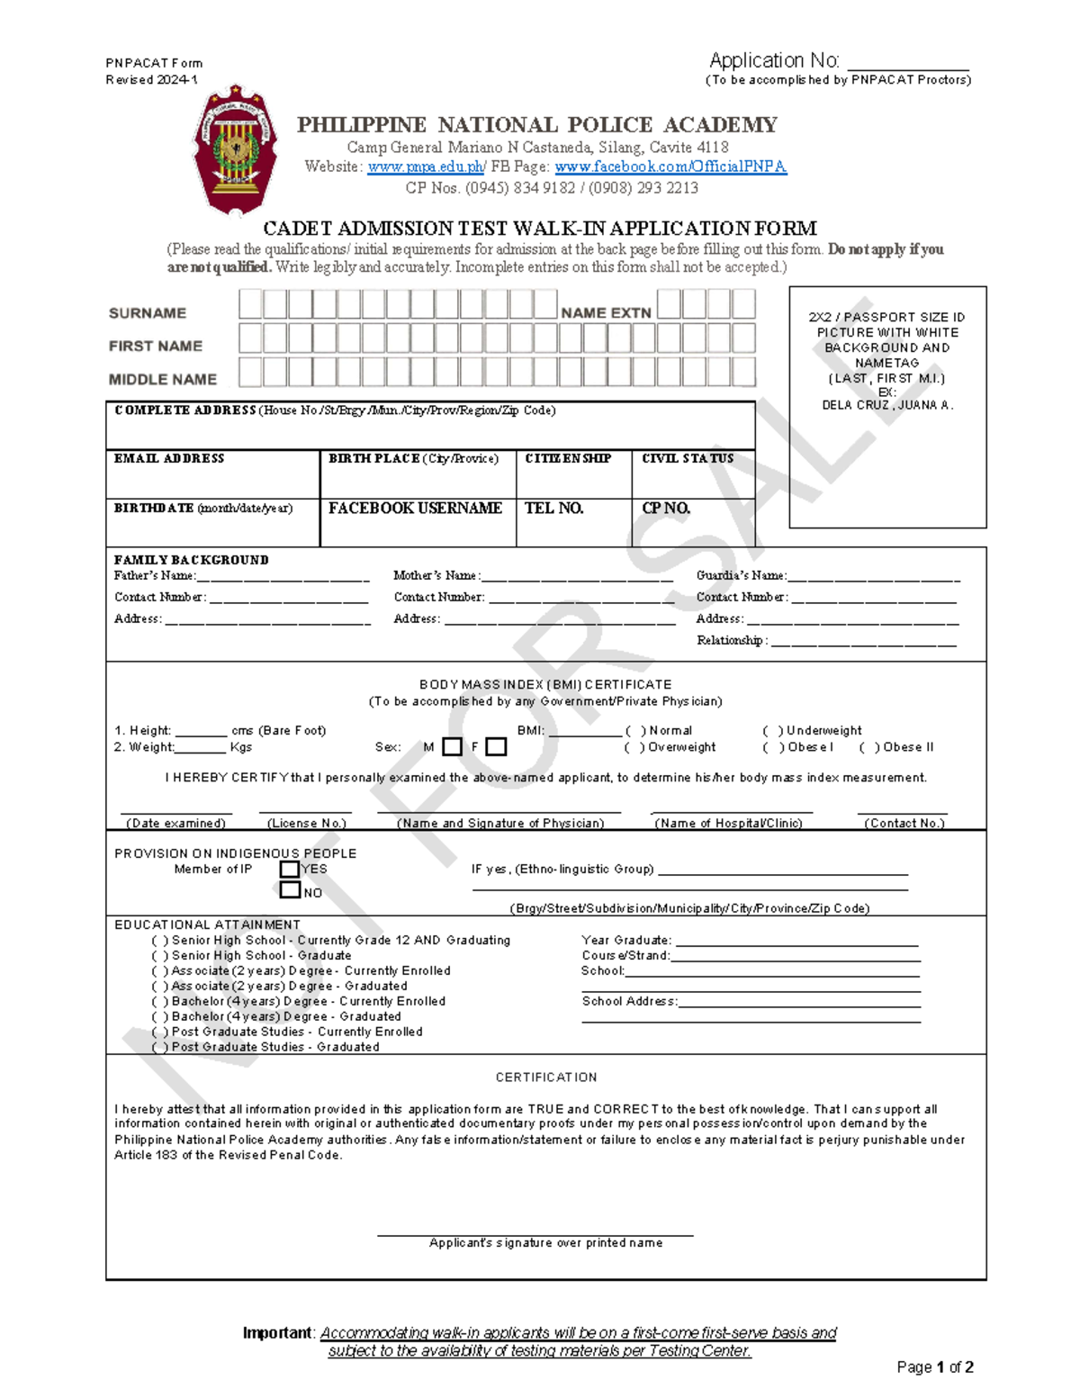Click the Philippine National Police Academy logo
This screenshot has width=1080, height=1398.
(236, 151)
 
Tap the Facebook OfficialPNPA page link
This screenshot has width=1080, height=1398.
(670, 167)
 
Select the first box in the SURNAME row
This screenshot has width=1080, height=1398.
(249, 304)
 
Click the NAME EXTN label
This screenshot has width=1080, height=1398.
(606, 312)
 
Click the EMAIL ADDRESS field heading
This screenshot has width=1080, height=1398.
(169, 458)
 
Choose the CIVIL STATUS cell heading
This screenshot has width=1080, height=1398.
(688, 458)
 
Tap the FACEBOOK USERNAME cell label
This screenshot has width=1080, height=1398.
(415, 508)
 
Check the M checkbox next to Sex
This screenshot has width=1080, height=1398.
(453, 746)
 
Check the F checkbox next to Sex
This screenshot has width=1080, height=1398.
(496, 746)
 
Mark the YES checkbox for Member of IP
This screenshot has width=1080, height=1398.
(290, 869)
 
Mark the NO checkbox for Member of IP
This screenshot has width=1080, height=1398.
(290, 890)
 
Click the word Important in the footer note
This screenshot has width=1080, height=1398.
(277, 1332)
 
